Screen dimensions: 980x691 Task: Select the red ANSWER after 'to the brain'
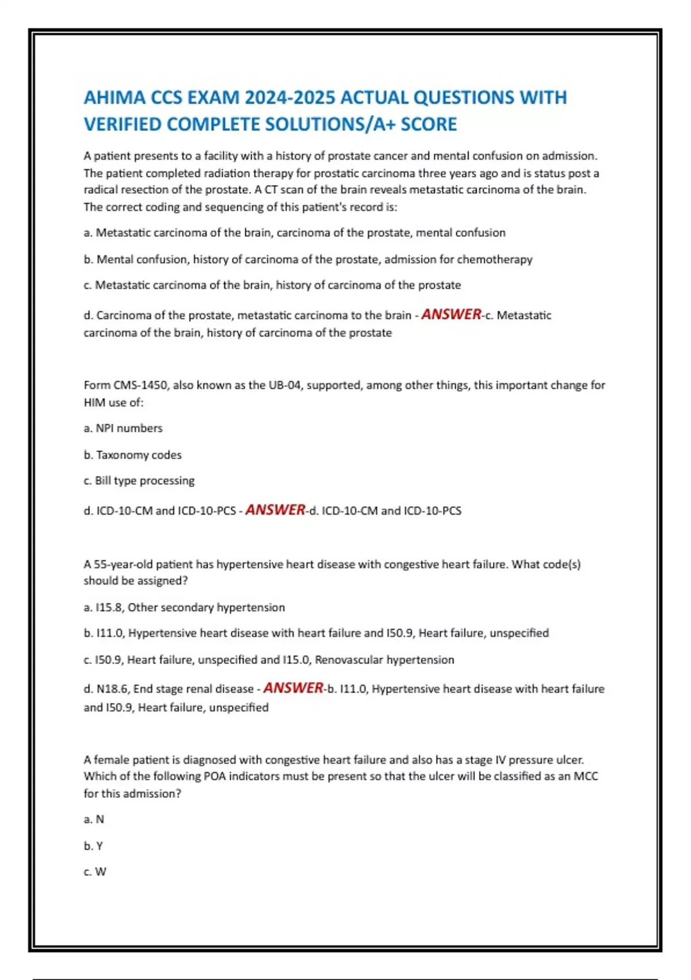point(451,314)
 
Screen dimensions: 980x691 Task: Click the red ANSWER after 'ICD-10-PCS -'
point(275,510)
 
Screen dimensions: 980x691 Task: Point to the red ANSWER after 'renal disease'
point(293,688)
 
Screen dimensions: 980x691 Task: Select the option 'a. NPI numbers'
point(123,428)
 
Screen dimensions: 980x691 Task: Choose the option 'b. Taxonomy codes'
point(132,455)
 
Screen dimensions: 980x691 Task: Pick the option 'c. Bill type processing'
point(139,481)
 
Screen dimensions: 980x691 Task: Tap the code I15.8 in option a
point(108,608)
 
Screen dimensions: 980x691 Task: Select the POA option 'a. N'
point(94,819)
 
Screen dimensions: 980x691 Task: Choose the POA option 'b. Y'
point(93,846)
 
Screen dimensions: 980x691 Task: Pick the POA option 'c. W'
point(95,872)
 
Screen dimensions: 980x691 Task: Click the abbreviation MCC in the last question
point(586,777)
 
